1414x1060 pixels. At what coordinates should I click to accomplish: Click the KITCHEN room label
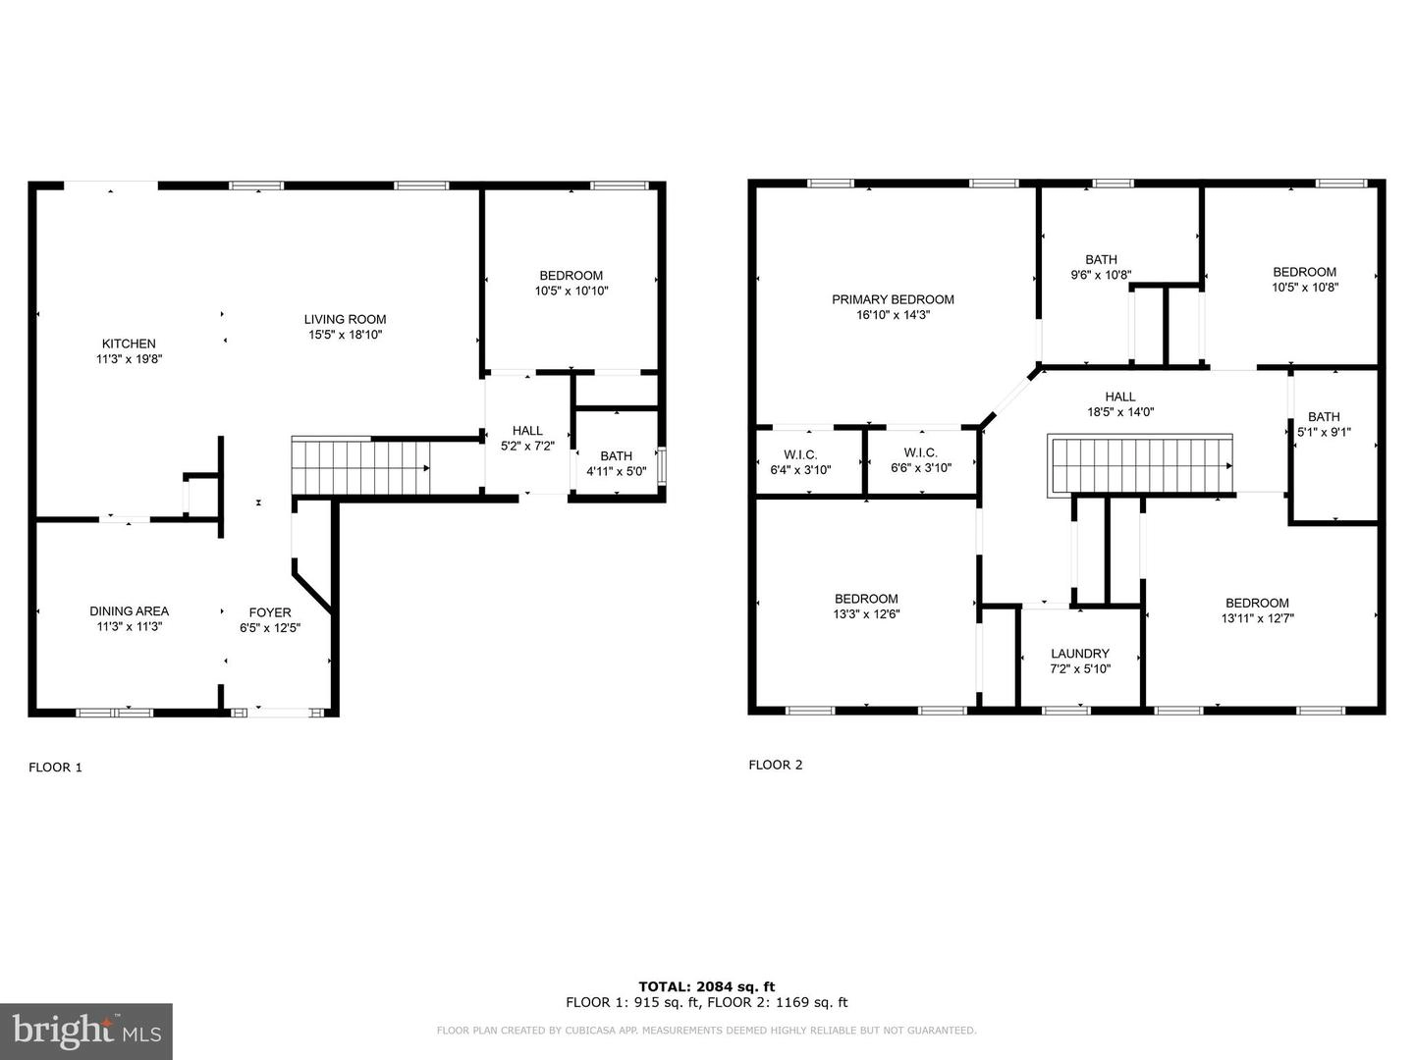pyautogui.click(x=129, y=344)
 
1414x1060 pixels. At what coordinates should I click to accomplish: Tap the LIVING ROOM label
pyautogui.click(x=346, y=319)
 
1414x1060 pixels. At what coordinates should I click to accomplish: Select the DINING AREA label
pyautogui.click(x=129, y=610)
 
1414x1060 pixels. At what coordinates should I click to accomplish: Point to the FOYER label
pyautogui.click(x=270, y=612)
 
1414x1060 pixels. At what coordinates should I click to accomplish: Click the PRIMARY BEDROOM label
pyautogui.click(x=893, y=299)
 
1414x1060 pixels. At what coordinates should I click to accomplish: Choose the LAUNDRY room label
pyautogui.click(x=1080, y=654)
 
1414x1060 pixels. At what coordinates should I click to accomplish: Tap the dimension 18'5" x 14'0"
pyautogui.click(x=1120, y=412)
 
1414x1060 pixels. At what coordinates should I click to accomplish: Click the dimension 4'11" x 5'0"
pyautogui.click(x=616, y=471)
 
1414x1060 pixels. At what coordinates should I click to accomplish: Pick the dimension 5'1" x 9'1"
pyautogui.click(x=1324, y=432)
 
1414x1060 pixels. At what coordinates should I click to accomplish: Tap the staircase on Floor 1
pyautogui.click(x=360, y=466)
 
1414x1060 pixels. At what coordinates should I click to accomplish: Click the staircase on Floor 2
pyautogui.click(x=1140, y=464)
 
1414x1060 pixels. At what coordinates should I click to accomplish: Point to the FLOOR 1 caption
pyautogui.click(x=55, y=768)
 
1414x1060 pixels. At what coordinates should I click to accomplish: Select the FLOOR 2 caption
pyautogui.click(x=776, y=765)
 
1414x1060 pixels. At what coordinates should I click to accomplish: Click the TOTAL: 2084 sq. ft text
pyautogui.click(x=707, y=986)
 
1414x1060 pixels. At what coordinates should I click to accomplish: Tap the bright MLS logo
pyautogui.click(x=86, y=1031)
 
